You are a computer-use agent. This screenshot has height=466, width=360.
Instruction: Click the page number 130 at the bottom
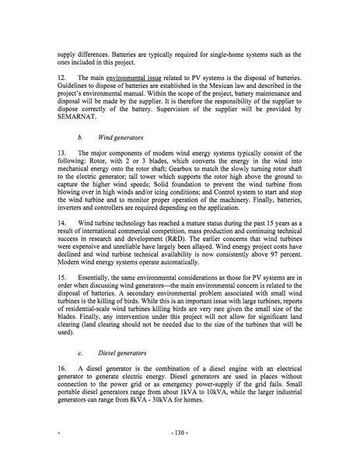(180, 451)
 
